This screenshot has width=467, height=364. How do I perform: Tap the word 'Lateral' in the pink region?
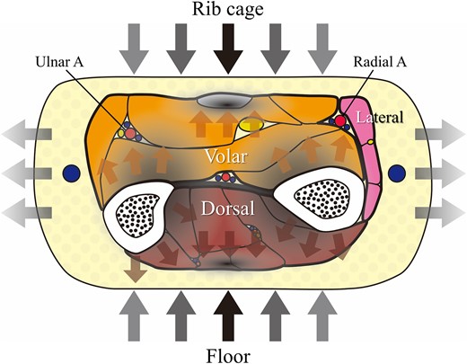tap(380, 117)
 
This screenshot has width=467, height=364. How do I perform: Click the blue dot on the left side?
tap(68, 172)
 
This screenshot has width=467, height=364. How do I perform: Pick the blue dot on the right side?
tap(396, 172)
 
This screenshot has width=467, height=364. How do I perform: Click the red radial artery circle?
tap(341, 120)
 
